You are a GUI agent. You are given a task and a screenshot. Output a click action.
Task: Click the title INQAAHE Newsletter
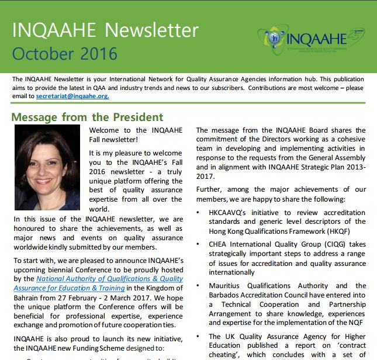pos(105,30)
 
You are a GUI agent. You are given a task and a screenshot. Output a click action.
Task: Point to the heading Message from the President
pos(88,117)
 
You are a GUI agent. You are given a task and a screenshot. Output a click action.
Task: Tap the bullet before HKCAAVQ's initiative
pos(200,212)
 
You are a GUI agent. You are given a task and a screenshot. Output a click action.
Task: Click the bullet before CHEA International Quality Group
pos(200,244)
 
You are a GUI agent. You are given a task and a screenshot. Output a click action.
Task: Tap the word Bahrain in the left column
pos(27,297)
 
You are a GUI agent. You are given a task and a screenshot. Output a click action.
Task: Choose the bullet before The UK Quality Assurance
pos(200,337)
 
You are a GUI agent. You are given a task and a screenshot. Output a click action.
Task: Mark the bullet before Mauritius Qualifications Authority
pos(200,286)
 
